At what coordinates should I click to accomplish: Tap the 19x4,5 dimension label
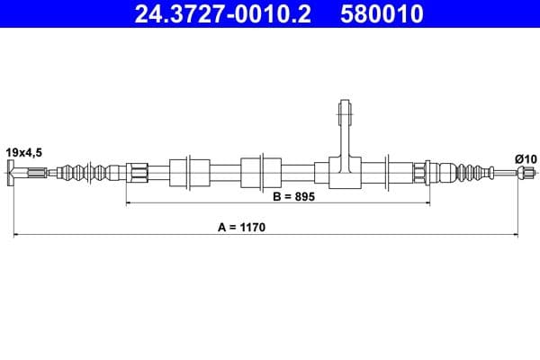point(24,154)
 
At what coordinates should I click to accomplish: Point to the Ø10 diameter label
point(526,159)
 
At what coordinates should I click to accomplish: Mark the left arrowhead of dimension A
point(15,236)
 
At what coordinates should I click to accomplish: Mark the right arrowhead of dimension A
point(514,236)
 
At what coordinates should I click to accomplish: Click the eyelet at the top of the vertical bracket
point(343,112)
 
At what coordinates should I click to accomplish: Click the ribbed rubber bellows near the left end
point(85,171)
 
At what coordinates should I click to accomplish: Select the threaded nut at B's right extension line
point(421,172)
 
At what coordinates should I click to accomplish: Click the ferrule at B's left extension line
point(137,171)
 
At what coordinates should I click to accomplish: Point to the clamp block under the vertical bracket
point(343,172)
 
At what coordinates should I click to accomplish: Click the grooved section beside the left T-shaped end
point(33,173)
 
